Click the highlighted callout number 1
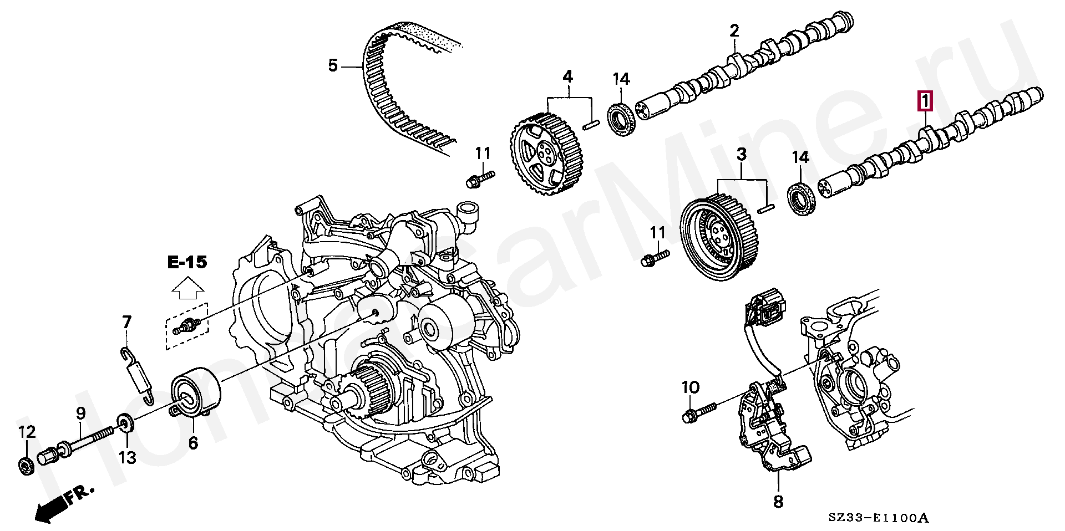pyautogui.click(x=925, y=101)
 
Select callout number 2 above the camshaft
pyautogui.click(x=734, y=31)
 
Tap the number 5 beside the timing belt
pyautogui.click(x=333, y=66)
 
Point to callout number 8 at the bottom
pyautogui.click(x=778, y=502)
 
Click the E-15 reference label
pyautogui.click(x=187, y=262)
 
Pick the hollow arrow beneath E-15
pyautogui.click(x=187, y=289)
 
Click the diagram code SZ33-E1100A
pyautogui.click(x=878, y=518)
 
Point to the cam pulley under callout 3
pyautogui.click(x=717, y=239)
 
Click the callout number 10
pyautogui.click(x=691, y=387)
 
